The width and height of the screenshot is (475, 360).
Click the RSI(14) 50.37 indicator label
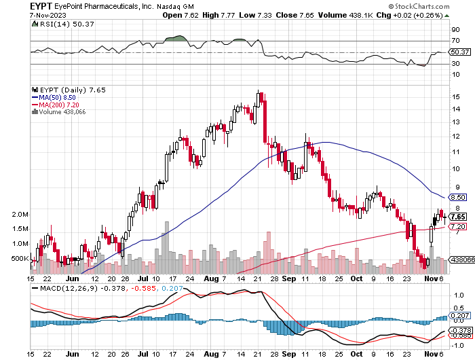pyautogui.click(x=59, y=24)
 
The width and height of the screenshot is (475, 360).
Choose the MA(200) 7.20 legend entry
pyautogui.click(x=55, y=105)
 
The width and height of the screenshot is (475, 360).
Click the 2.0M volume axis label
pyautogui.click(x=20, y=215)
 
